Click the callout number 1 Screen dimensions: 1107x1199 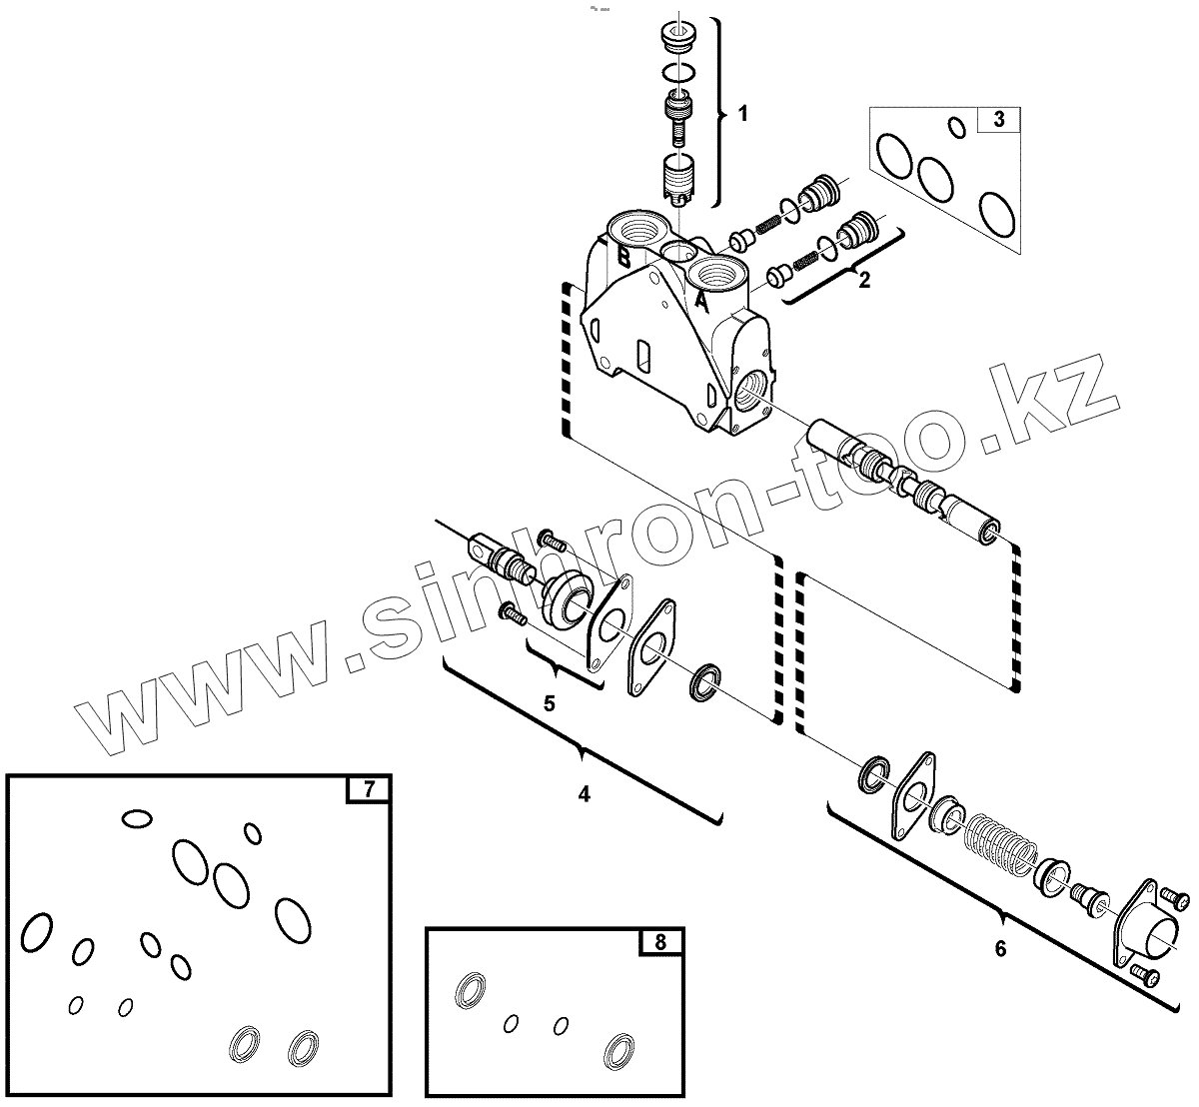(742, 114)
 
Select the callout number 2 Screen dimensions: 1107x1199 (864, 280)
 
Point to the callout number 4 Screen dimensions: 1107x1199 (584, 794)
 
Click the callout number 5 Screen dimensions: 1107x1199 (549, 703)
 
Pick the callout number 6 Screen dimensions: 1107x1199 (1000, 949)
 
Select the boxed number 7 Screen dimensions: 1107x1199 (368, 789)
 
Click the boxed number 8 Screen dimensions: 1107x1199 (659, 941)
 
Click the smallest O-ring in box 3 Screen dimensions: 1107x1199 (956, 127)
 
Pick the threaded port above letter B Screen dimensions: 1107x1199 (635, 228)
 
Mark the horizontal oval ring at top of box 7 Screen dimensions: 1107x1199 (136, 819)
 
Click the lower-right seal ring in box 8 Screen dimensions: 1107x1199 (619, 1051)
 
